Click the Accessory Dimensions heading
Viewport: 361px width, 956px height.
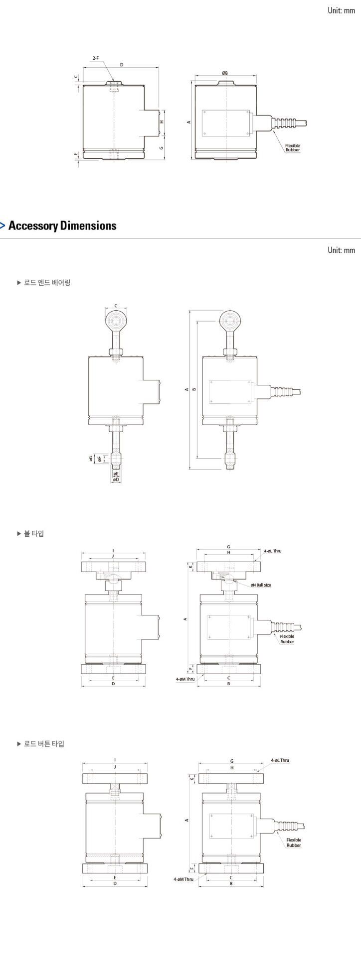[62, 226]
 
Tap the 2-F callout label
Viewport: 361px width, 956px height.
[96, 58]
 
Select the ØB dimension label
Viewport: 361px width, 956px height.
[225, 73]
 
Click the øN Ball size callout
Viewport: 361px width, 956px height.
[261, 585]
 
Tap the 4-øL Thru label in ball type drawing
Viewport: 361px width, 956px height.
[273, 551]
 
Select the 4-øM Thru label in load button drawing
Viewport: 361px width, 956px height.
[183, 879]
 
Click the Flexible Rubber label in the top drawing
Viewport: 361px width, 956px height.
[293, 147]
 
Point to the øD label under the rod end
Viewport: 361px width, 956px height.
[116, 479]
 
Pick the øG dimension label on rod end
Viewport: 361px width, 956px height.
[91, 458]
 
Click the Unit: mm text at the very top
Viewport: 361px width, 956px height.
[341, 10]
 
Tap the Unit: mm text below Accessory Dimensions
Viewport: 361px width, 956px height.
[341, 249]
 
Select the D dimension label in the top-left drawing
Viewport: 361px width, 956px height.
[121, 65]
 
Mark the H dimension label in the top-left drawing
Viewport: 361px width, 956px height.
[162, 122]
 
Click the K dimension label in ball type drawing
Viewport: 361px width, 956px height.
[190, 567]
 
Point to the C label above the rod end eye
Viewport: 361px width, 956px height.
[116, 306]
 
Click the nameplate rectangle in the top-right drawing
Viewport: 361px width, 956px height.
[226, 122]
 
